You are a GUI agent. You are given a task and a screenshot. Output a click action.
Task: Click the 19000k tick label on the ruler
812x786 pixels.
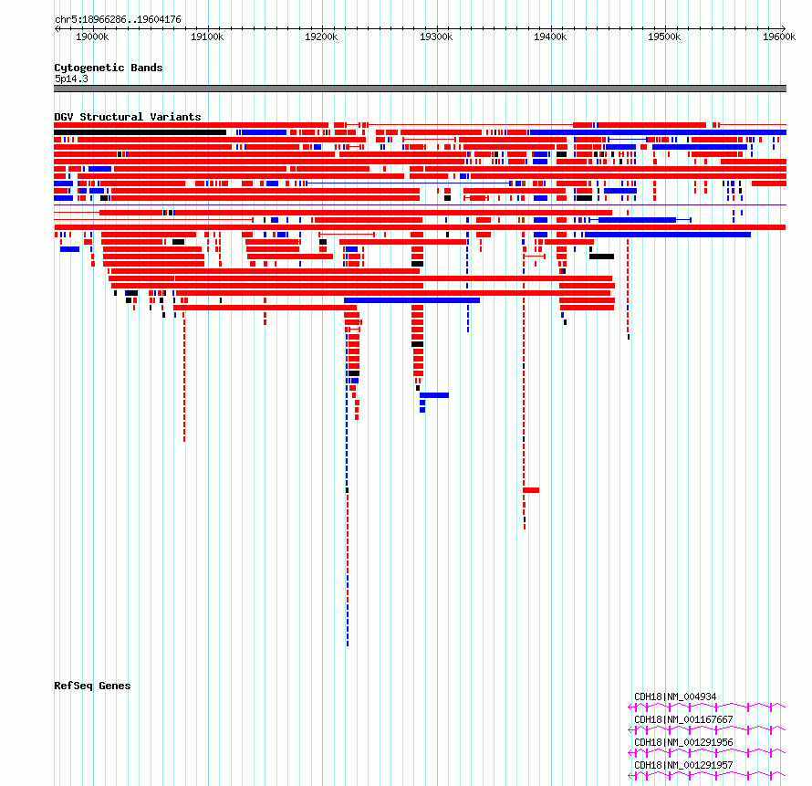[92, 37]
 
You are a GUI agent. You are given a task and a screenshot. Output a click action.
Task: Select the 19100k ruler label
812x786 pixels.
[207, 37]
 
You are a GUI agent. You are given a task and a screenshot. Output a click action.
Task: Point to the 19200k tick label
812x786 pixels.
[321, 37]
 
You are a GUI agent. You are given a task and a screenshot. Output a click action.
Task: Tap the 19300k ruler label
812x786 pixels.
[436, 37]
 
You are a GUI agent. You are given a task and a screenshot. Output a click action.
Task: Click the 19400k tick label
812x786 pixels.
[550, 37]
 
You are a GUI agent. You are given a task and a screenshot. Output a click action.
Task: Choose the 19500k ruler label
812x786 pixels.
[664, 37]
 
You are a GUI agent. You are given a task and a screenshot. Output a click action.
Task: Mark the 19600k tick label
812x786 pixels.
[779, 37]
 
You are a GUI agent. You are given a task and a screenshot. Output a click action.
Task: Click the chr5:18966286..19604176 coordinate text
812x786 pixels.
[118, 20]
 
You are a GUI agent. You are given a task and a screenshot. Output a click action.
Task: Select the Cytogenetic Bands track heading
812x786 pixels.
[109, 68]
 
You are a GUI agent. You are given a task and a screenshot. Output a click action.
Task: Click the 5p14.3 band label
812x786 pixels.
[71, 79]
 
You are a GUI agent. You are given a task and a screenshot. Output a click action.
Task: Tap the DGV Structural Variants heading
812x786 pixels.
[128, 117]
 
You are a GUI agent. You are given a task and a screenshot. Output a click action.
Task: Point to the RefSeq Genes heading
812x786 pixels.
[92, 686]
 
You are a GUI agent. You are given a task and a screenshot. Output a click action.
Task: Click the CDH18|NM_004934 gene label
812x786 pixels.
[675, 697]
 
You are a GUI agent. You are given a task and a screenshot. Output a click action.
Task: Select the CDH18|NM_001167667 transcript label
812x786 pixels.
[683, 719]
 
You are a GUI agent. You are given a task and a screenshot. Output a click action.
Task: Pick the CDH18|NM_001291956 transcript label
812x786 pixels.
[683, 742]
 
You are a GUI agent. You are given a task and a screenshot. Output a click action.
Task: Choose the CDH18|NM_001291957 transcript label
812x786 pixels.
[683, 765]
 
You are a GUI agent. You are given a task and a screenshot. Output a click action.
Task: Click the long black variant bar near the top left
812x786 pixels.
[140, 132]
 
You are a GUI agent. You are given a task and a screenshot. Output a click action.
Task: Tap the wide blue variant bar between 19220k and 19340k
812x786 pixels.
[411, 300]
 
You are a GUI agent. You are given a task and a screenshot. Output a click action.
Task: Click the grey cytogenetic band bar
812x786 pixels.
[420, 89]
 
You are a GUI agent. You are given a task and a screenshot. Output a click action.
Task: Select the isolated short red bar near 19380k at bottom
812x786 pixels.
[531, 490]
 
